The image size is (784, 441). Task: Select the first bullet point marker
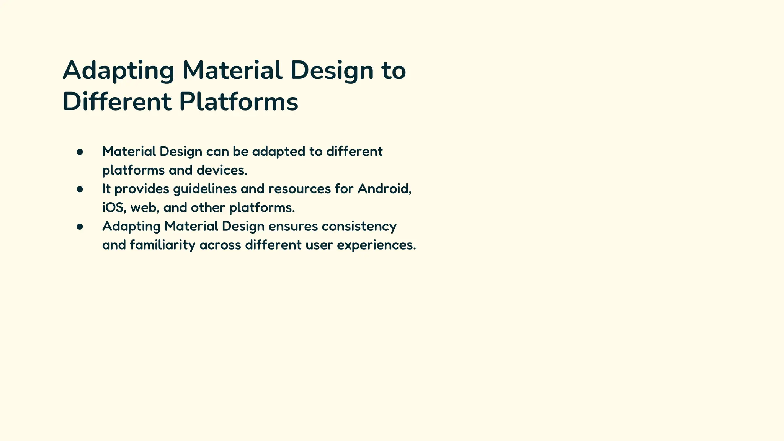pos(80,152)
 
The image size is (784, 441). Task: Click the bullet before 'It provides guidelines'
pos(80,189)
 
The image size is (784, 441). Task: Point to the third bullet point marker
pos(80,227)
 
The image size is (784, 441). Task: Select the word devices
pos(222,170)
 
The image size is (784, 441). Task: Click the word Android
pos(384,189)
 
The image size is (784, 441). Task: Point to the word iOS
pos(114,208)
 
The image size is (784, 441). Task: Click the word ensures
pos(293,227)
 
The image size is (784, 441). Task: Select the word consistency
pos(359,227)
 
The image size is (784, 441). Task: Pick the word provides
pos(142,189)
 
